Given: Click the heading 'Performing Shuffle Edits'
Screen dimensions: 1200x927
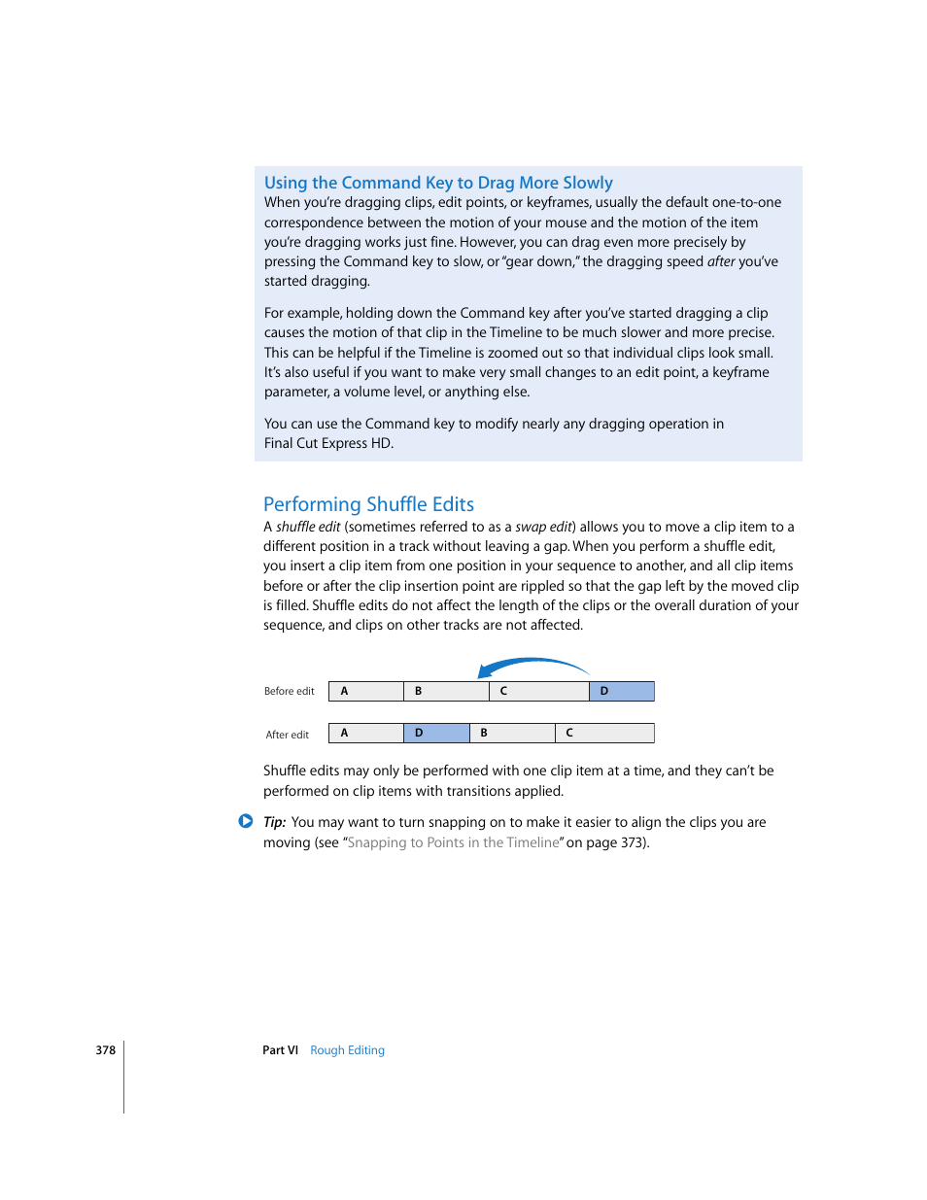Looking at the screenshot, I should coord(368,504).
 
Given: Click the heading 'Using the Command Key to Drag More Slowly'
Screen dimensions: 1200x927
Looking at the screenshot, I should coord(438,183).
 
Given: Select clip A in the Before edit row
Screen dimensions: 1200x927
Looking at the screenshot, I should coord(366,691).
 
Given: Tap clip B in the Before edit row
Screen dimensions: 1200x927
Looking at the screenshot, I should coord(446,691).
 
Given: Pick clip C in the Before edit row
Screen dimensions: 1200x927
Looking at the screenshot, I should coord(539,691).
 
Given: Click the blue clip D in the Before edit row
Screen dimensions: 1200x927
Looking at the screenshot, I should coord(622,691).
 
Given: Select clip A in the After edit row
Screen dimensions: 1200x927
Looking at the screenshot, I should coord(366,733).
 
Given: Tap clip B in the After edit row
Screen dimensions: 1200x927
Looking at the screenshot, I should coord(512,733).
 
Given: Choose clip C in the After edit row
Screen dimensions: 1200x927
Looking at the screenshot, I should coord(604,733).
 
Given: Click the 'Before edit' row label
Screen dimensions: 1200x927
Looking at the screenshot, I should coord(289,692).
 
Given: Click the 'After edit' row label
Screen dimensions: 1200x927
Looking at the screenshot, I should coord(287,735).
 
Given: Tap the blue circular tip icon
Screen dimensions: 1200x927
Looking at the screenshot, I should coord(246,821).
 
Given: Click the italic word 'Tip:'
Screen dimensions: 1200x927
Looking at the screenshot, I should coord(274,822).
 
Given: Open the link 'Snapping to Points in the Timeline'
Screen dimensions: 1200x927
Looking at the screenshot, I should coord(453,842).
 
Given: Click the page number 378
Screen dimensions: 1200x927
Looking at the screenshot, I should coord(105,1050).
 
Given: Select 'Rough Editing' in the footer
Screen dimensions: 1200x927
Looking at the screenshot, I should coord(347,1050).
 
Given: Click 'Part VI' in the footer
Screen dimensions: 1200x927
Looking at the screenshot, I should coord(280,1050).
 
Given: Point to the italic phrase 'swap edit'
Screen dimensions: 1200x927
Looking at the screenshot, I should coord(543,527).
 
